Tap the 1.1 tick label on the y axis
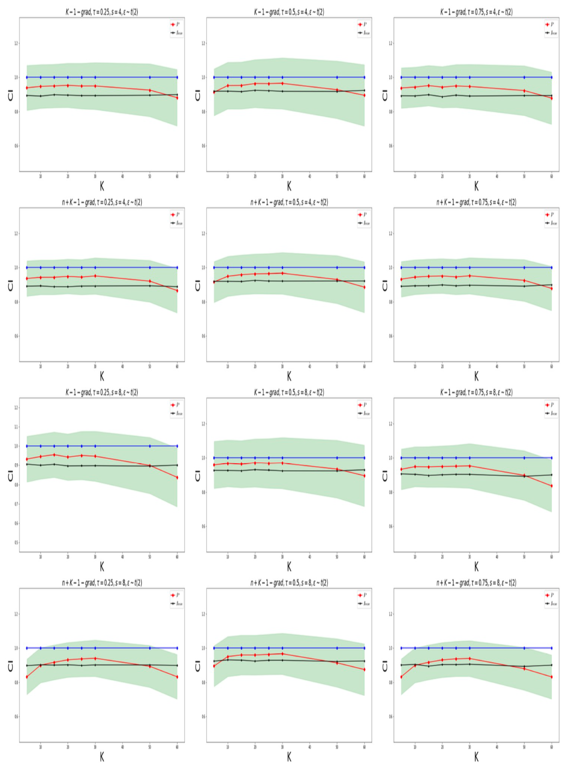point(16,427)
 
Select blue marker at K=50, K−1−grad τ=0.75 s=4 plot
point(524,77)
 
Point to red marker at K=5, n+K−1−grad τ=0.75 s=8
point(401,677)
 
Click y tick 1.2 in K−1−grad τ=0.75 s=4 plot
point(391,44)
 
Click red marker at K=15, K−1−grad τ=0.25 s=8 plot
point(54,455)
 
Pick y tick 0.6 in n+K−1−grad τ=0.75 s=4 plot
point(391,336)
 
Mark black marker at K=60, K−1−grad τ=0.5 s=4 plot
point(364,90)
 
